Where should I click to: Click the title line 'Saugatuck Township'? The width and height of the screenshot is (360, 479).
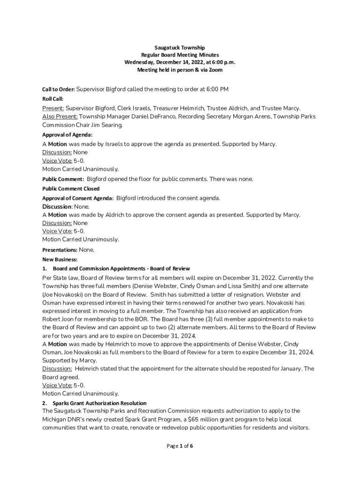tap(180, 48)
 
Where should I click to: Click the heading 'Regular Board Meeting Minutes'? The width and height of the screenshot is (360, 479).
tap(180, 55)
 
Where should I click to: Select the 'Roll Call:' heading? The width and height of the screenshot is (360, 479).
tap(53, 99)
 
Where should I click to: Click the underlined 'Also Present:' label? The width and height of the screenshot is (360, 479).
tap(60, 116)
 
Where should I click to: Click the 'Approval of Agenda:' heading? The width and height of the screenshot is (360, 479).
tap(67, 135)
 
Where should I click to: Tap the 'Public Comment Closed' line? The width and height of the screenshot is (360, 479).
tap(71, 189)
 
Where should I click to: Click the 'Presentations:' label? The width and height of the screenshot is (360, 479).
tap(60, 250)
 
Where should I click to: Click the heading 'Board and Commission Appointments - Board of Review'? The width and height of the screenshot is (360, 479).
tap(122, 269)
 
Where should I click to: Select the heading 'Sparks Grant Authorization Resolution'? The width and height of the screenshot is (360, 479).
tap(100, 403)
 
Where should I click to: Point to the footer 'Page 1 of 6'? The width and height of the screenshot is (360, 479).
tap(180, 446)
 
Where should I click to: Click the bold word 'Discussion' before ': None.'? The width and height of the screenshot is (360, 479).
tap(57, 207)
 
